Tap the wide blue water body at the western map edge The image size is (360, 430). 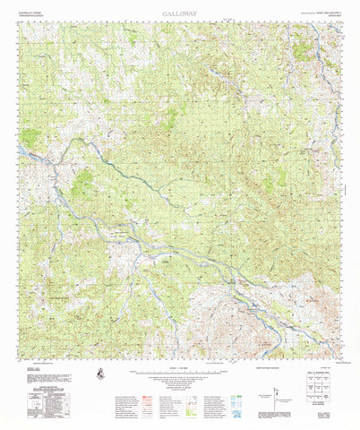pyautogui.click(x=27, y=154)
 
